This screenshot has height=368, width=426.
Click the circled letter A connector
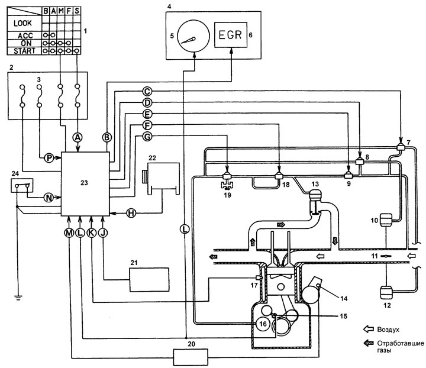(78, 138)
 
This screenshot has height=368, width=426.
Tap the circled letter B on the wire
(106, 137)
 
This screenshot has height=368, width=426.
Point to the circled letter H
(131, 213)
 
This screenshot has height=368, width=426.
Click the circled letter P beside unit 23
(49, 157)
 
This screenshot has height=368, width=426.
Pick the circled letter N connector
(49, 198)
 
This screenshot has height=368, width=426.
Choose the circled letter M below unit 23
(69, 233)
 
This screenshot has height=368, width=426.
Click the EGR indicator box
(231, 35)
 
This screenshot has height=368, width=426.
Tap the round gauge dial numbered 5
(193, 36)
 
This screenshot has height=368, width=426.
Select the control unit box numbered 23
(85, 184)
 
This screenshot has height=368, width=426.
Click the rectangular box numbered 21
(149, 280)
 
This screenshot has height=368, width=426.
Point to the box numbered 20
(191, 357)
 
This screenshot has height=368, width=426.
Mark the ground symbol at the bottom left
(18, 298)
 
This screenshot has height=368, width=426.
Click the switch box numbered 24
(22, 186)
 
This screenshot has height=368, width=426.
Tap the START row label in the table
(24, 51)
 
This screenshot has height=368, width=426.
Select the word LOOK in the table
(22, 23)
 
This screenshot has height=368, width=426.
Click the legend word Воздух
(388, 330)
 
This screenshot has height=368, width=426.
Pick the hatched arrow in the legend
(369, 343)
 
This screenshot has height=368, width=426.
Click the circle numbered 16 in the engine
(263, 324)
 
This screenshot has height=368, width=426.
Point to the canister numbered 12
(386, 292)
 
